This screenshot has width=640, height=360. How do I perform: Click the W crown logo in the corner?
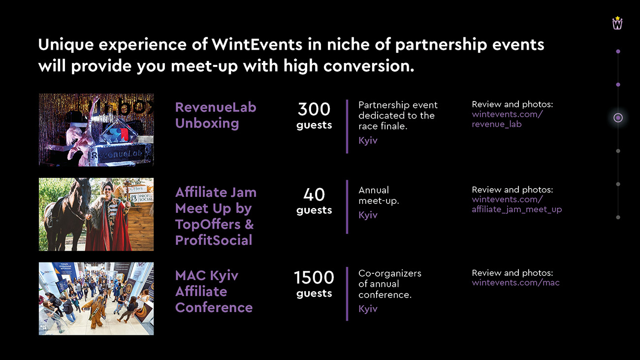pos(617,23)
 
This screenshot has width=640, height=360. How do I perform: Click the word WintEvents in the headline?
pos(257,44)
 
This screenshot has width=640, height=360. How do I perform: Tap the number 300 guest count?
pos(314,109)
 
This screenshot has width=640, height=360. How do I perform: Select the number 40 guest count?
pos(314,195)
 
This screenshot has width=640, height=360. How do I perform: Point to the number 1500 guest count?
pos(314,277)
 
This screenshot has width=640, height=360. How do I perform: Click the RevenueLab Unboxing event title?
pos(216,115)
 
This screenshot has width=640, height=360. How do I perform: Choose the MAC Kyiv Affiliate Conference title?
pos(214,292)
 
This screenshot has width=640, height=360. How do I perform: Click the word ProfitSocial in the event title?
pos(214,240)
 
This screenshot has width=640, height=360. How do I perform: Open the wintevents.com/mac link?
pos(516,283)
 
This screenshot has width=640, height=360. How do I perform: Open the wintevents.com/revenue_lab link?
pos(507,119)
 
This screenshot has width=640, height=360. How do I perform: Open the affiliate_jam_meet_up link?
pos(517,209)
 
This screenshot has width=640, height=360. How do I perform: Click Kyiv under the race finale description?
pos(368,140)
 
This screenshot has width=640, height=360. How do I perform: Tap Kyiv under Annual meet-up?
pos(368,215)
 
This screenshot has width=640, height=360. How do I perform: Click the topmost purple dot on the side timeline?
pos(618,51)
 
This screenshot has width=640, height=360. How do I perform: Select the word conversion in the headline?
pos(369,66)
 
